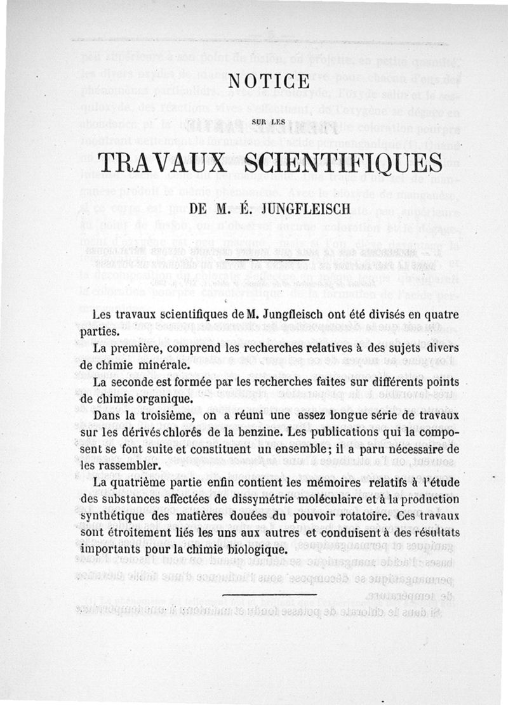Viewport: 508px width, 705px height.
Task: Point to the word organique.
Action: coord(163,400)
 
